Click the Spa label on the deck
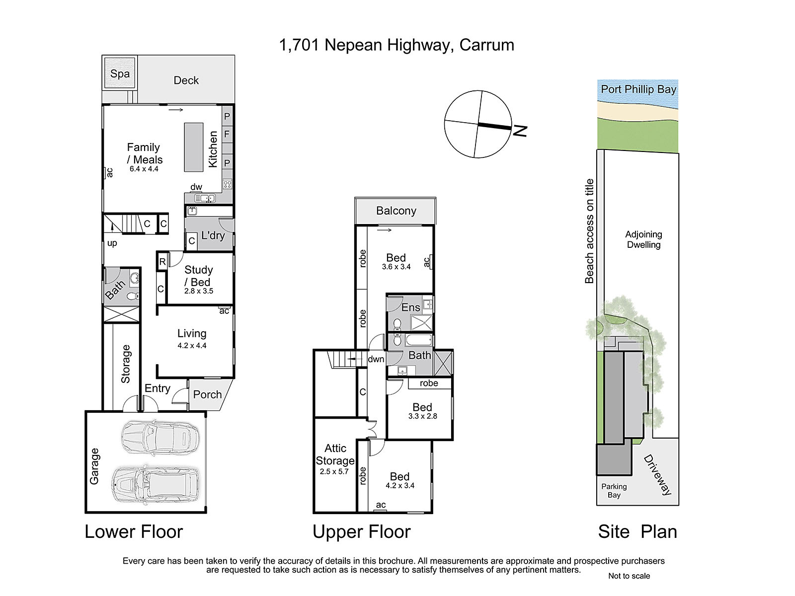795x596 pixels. click(120, 74)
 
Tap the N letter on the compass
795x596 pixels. click(520, 131)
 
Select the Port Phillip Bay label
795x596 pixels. click(638, 89)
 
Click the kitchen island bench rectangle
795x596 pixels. click(194, 148)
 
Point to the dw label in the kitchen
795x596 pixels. click(196, 187)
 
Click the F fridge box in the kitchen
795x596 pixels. click(227, 134)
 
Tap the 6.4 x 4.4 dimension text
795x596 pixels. click(144, 169)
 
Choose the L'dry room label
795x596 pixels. click(213, 235)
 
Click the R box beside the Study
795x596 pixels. click(162, 262)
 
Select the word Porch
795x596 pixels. click(207, 394)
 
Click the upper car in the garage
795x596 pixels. click(160, 437)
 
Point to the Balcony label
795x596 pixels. click(396, 211)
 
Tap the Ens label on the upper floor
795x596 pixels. click(411, 307)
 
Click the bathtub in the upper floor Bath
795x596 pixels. click(419, 340)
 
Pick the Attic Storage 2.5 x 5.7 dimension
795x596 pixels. click(334, 471)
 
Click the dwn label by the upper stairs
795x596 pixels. click(376, 359)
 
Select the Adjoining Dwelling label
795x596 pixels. click(643, 239)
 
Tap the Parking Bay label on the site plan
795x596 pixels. click(614, 491)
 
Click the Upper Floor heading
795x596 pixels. click(361, 531)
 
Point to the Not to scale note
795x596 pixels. click(629, 576)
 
